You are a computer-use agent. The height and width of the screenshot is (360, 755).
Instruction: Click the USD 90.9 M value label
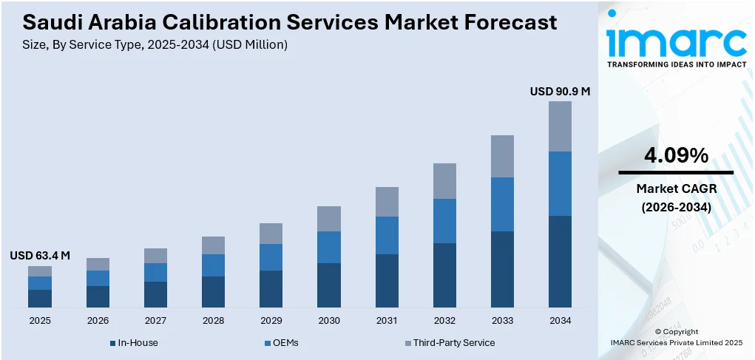pos(560,92)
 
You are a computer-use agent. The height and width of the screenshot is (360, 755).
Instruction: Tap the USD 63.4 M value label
pos(40,256)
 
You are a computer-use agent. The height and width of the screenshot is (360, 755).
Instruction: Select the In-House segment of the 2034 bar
pos(560,261)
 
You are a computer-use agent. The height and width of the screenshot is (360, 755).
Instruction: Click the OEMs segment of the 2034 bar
pos(560,183)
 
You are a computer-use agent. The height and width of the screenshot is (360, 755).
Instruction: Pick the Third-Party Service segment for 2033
pos(502,156)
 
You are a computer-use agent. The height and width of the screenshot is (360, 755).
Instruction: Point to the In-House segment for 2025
pos(40,298)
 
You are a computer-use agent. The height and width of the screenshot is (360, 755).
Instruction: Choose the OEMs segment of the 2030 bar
pos(329,247)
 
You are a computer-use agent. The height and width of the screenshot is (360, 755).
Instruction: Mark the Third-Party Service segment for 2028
pos(213,245)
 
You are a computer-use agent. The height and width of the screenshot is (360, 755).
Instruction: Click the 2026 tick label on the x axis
pos(98,320)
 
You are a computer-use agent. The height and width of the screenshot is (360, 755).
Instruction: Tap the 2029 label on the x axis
pos(271,320)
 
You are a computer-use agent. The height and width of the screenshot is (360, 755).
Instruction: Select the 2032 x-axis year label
pos(444,320)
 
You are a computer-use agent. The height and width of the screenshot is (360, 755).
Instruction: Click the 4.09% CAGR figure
pos(676,155)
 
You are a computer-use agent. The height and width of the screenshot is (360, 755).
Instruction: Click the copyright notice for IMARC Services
pos(676,337)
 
